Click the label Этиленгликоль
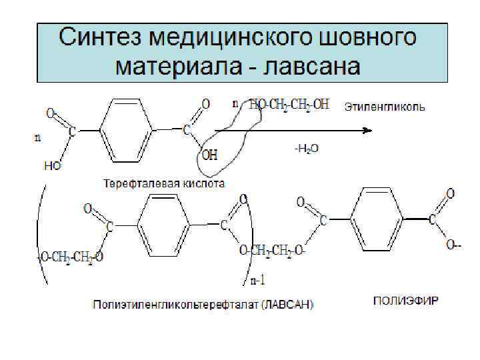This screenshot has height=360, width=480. click(385, 106)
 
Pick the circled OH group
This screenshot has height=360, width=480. click(209, 156)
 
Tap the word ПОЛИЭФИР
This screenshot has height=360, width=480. click(405, 300)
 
